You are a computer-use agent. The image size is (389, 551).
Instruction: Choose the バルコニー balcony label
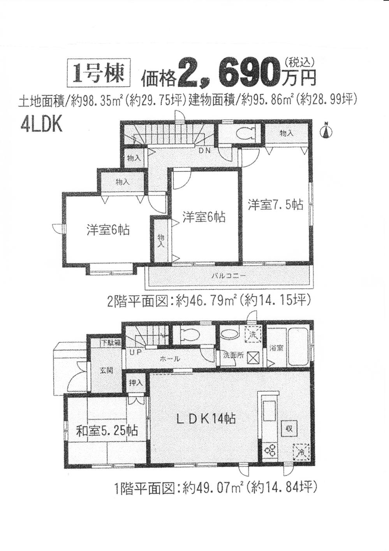(x=229, y=275)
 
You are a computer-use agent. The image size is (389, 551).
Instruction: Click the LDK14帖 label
(x=206, y=419)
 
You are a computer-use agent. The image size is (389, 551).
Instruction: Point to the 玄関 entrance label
(x=106, y=371)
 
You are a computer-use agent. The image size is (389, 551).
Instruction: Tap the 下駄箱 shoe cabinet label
(x=111, y=343)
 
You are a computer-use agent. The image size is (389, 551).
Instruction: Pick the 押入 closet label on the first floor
(x=136, y=383)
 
